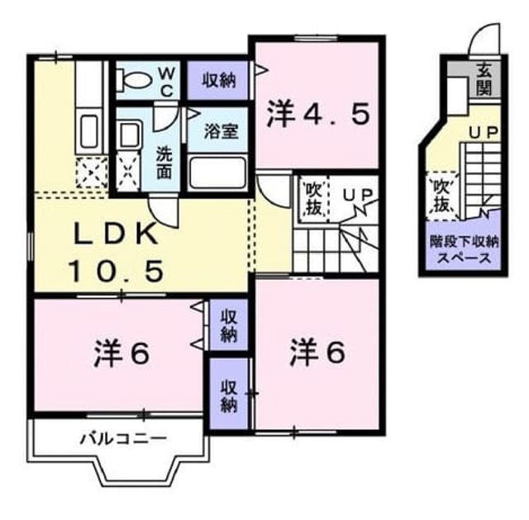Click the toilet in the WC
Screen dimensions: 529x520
[x=133, y=80]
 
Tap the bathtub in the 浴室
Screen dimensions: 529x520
[x=217, y=173]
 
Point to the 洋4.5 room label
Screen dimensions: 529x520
[x=317, y=114]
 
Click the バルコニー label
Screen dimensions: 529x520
[x=123, y=439]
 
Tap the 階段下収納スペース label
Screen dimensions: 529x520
[x=464, y=250]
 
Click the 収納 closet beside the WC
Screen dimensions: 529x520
[x=217, y=81]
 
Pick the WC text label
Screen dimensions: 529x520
[x=167, y=81]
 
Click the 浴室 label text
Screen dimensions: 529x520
[x=222, y=131]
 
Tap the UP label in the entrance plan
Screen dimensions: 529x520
[x=484, y=132]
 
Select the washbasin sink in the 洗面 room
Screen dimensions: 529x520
[x=129, y=135]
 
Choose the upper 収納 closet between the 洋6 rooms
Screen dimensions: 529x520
[x=229, y=325]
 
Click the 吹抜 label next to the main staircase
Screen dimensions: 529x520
[x=313, y=199]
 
